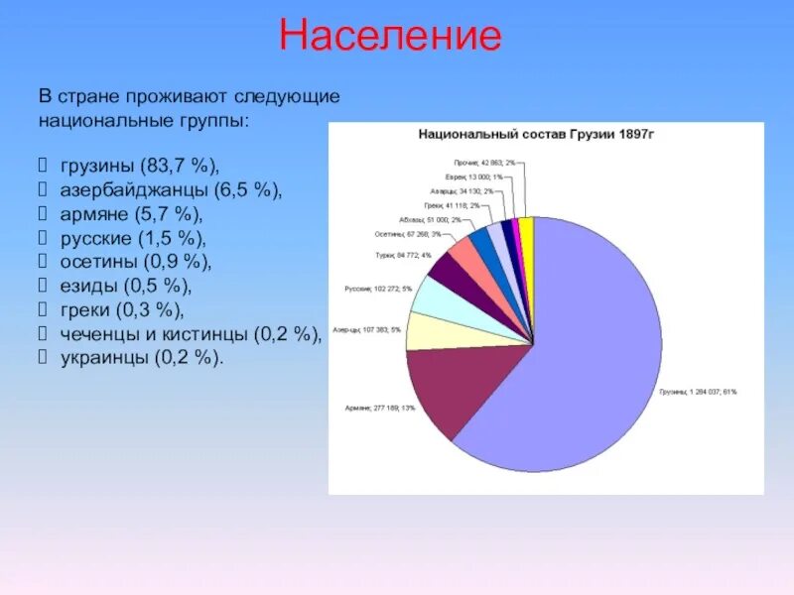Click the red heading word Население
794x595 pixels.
coord(390,37)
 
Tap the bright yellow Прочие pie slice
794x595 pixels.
coord(528,230)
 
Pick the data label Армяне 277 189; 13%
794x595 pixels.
coord(372,408)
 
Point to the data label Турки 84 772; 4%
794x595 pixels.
coord(402,255)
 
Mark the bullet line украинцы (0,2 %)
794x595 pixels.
coord(142,358)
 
